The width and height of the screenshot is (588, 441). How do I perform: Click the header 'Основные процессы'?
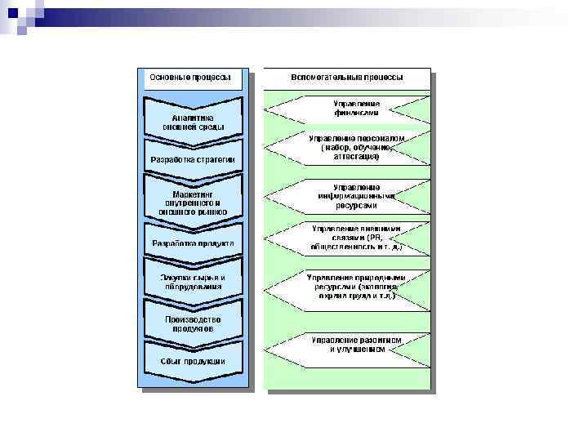(189, 78)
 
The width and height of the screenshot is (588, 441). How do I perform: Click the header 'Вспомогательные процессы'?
(346, 78)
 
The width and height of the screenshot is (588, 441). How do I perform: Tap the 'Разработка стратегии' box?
(193, 158)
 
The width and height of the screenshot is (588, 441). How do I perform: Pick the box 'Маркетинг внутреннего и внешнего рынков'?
(194, 202)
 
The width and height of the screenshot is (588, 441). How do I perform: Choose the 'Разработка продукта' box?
(194, 243)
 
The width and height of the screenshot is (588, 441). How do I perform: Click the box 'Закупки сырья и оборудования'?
(194, 282)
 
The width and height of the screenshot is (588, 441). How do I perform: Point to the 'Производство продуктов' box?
(194, 323)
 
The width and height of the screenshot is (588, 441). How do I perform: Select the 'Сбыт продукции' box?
(194, 361)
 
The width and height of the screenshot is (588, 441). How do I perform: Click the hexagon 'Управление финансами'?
(346, 108)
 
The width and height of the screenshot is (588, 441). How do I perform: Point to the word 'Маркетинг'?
(193, 194)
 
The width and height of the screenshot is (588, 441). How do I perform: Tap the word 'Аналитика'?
(193, 117)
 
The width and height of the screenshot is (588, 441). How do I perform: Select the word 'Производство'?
(193, 318)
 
